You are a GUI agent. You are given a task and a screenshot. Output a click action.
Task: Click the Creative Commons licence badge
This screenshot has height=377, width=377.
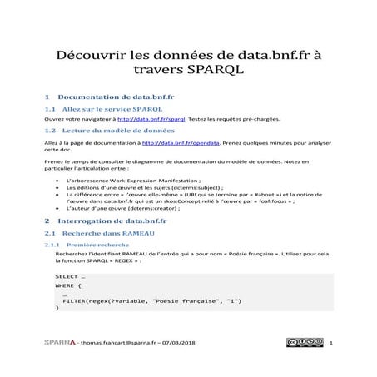point(304,342)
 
